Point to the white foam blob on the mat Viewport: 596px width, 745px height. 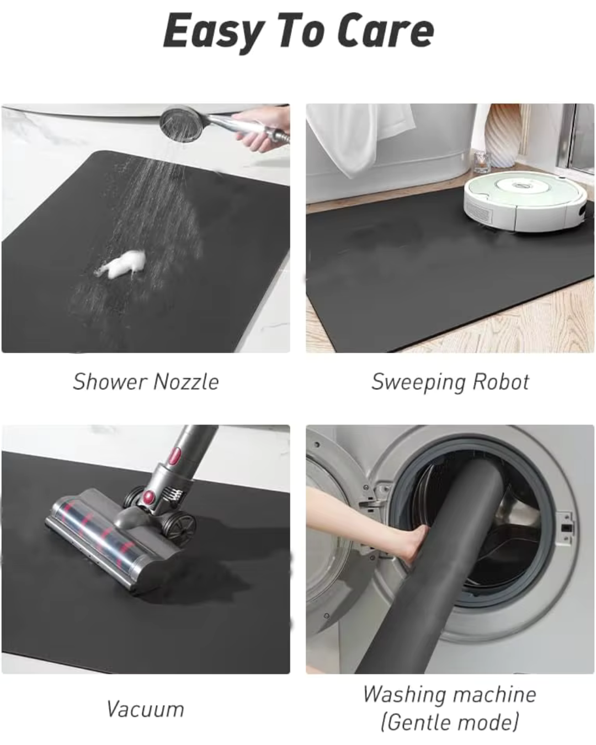click(123, 264)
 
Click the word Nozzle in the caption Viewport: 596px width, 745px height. click(186, 382)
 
